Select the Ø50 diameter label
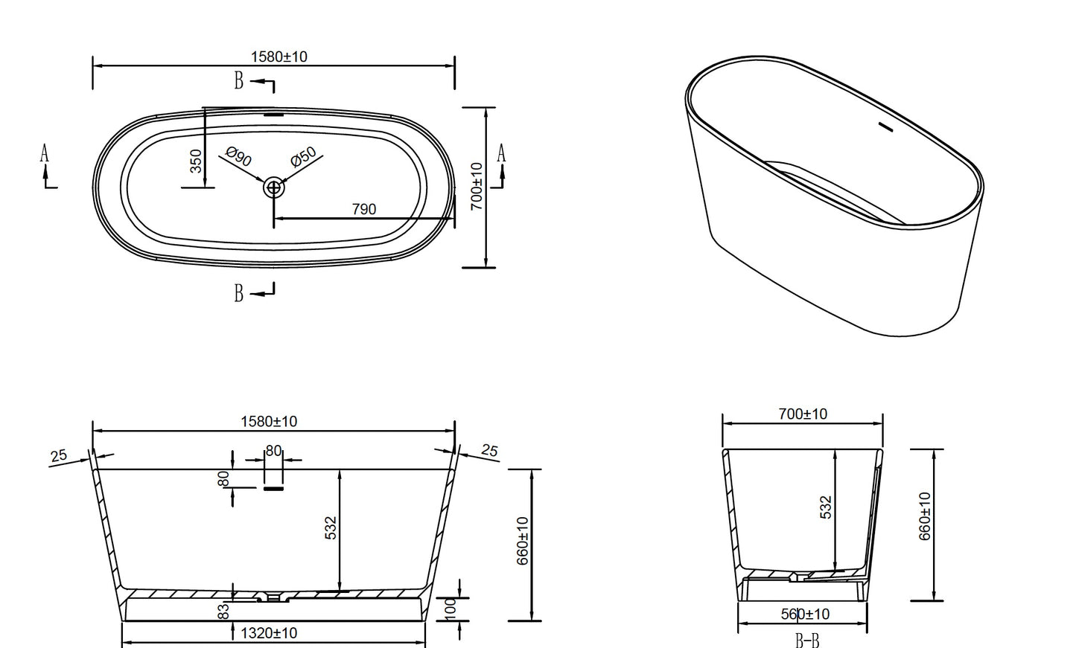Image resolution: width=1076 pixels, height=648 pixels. pyautogui.click(x=304, y=157)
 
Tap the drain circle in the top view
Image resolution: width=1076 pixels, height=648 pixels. pyautogui.click(x=274, y=187)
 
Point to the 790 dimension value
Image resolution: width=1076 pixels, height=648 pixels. pyautogui.click(x=363, y=210)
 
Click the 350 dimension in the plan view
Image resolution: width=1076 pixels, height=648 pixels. pyautogui.click(x=196, y=161)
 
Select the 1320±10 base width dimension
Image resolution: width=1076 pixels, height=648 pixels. pyautogui.click(x=269, y=633)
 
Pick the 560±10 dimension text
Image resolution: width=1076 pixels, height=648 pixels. pyautogui.click(x=805, y=615)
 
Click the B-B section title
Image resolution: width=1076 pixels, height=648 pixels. pyautogui.click(x=806, y=638)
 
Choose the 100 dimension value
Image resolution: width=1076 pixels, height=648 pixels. pyautogui.click(x=451, y=608)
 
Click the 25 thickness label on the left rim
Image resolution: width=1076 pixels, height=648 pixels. pyautogui.click(x=60, y=455)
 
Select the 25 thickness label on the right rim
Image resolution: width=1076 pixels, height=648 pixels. pyautogui.click(x=489, y=451)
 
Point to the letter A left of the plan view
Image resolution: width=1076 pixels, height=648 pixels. pyautogui.click(x=45, y=154)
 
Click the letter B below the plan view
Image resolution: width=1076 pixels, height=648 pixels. pyautogui.click(x=239, y=294)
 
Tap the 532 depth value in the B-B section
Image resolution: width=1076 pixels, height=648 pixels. pyautogui.click(x=825, y=507)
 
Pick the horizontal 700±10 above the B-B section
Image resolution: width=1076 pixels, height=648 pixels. pyautogui.click(x=803, y=414)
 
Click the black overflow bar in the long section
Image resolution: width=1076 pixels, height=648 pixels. pyautogui.click(x=273, y=489)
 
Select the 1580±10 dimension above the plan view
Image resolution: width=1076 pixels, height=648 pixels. pyautogui.click(x=279, y=57)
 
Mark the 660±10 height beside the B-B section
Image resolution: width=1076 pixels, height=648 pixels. pyautogui.click(x=926, y=516)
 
